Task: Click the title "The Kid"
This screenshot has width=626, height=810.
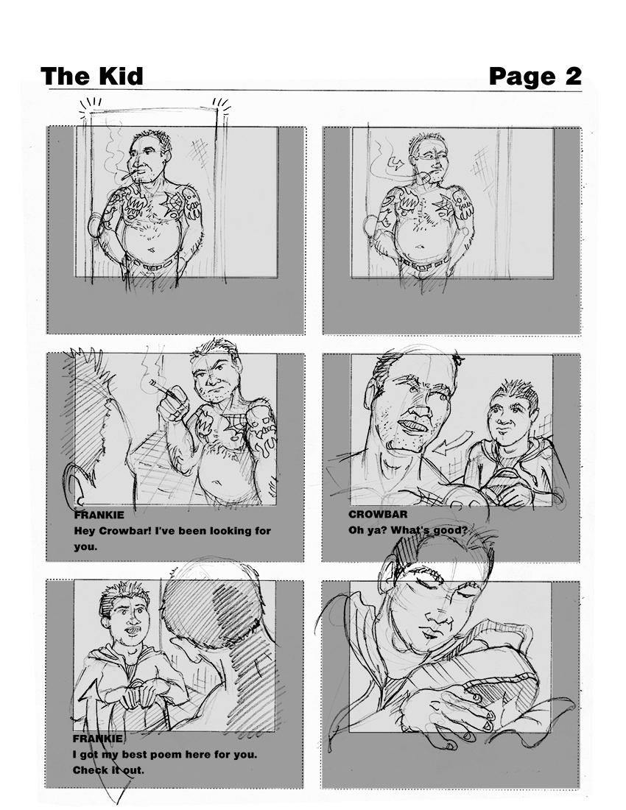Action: tap(92, 76)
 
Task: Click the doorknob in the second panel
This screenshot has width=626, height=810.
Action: tap(368, 224)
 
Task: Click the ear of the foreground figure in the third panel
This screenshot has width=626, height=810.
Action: tap(75, 484)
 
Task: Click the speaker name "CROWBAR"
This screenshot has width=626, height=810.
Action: tap(378, 514)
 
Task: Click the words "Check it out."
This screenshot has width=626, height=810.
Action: tap(108, 770)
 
